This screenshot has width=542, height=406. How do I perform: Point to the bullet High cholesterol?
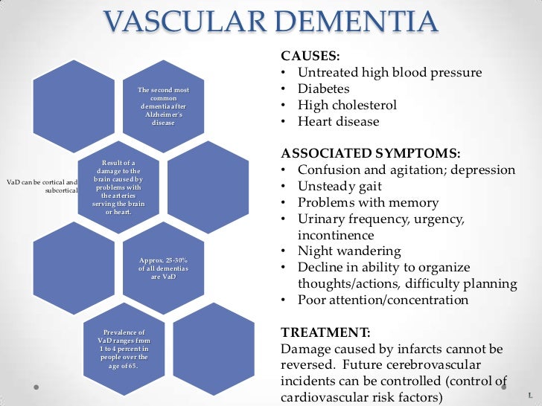347,106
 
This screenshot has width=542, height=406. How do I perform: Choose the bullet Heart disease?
338,122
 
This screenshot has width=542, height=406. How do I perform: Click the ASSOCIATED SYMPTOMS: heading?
370,153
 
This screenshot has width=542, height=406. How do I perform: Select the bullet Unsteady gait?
339,187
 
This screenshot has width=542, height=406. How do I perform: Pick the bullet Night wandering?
348,251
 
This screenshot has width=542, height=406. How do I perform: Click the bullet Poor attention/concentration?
383,300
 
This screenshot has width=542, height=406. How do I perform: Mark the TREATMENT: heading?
325,332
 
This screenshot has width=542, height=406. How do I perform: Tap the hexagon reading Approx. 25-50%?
163,264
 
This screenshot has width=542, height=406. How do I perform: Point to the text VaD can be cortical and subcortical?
41,186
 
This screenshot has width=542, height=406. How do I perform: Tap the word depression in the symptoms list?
483,170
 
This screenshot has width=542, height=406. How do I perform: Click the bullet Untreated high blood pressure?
389,73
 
